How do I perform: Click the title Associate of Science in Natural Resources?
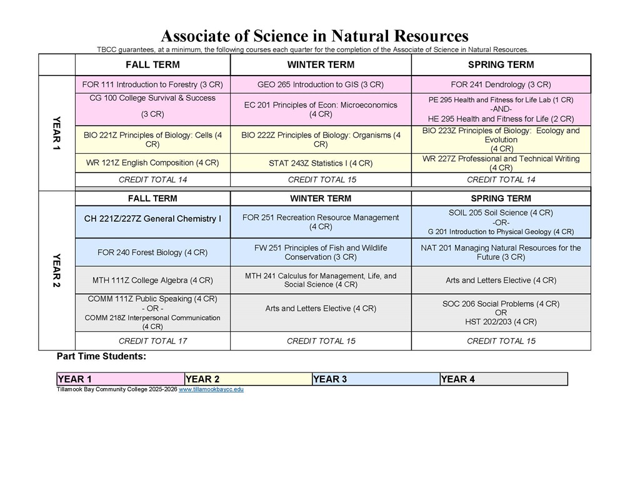314,35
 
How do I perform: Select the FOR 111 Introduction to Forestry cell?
152,84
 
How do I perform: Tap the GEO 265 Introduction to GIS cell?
321,84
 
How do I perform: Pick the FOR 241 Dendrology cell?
501,84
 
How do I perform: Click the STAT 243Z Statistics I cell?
321,163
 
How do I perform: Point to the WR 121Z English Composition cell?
152,162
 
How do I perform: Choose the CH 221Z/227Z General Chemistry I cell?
152,219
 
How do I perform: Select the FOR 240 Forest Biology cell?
152,252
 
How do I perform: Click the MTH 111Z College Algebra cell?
152,280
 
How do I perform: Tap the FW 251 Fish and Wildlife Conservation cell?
321,252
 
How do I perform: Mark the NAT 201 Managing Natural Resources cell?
501,252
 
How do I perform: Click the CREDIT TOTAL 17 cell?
152,341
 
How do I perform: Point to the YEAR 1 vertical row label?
57,133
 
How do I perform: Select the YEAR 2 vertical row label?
57,271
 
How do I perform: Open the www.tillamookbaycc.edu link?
211,389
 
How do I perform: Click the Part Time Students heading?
101,357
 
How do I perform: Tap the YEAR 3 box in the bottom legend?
376,379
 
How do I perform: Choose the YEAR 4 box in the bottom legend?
503,379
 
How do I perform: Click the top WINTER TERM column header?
321,65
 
